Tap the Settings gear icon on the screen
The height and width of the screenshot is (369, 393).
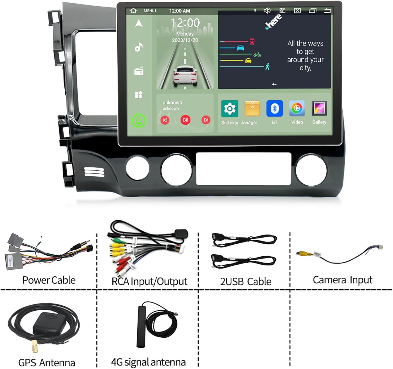tap(230, 108)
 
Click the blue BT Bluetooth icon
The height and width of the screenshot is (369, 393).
tap(274, 108)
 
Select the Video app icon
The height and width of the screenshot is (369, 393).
tap(297, 108)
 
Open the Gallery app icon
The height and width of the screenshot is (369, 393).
tap(319, 108)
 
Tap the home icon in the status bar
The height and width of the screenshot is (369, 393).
tap(133, 11)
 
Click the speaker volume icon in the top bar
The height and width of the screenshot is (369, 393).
tap(267, 11)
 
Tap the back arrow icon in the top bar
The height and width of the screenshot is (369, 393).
tap(327, 11)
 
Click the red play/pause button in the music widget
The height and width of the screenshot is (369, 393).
tap(185, 120)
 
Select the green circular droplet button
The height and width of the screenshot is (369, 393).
tap(139, 121)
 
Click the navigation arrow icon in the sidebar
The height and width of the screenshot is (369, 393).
tap(139, 23)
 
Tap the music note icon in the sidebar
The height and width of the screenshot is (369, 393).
tap(139, 47)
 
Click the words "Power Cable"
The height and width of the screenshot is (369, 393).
tap(49, 280)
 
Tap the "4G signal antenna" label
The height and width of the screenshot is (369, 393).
tap(148, 362)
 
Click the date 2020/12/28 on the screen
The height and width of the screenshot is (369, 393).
tap(185, 40)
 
